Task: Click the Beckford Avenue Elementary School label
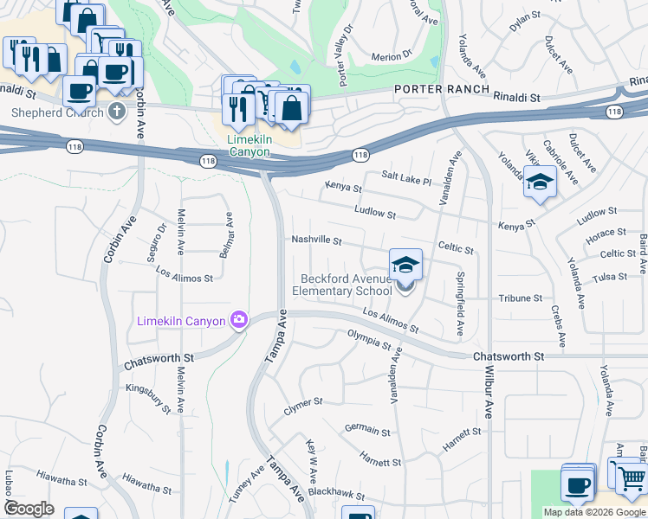point(347,285)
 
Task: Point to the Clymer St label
point(303,402)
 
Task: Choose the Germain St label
point(367,429)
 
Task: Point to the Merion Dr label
point(391,56)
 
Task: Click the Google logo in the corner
point(29,509)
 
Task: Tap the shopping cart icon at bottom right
point(631,477)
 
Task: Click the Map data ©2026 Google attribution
point(594,512)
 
